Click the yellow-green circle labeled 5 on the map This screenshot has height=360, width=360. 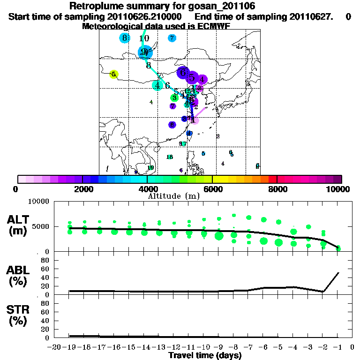coord(113,74)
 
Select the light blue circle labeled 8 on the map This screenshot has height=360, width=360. coord(125,38)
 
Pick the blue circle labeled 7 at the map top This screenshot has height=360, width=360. coord(172,38)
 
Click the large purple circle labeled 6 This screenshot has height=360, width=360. coord(183,72)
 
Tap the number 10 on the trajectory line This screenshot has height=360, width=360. coord(144,38)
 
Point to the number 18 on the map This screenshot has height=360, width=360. coord(170,157)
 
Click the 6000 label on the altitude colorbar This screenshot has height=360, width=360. coord(212,189)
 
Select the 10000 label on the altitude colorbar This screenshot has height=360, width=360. coord(341,189)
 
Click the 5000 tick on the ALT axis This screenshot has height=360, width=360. coord(41,226)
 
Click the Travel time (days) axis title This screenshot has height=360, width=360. coord(205,356)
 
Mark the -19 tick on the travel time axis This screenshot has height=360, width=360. coord(69,347)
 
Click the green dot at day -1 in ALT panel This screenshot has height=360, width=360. coord(338,248)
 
